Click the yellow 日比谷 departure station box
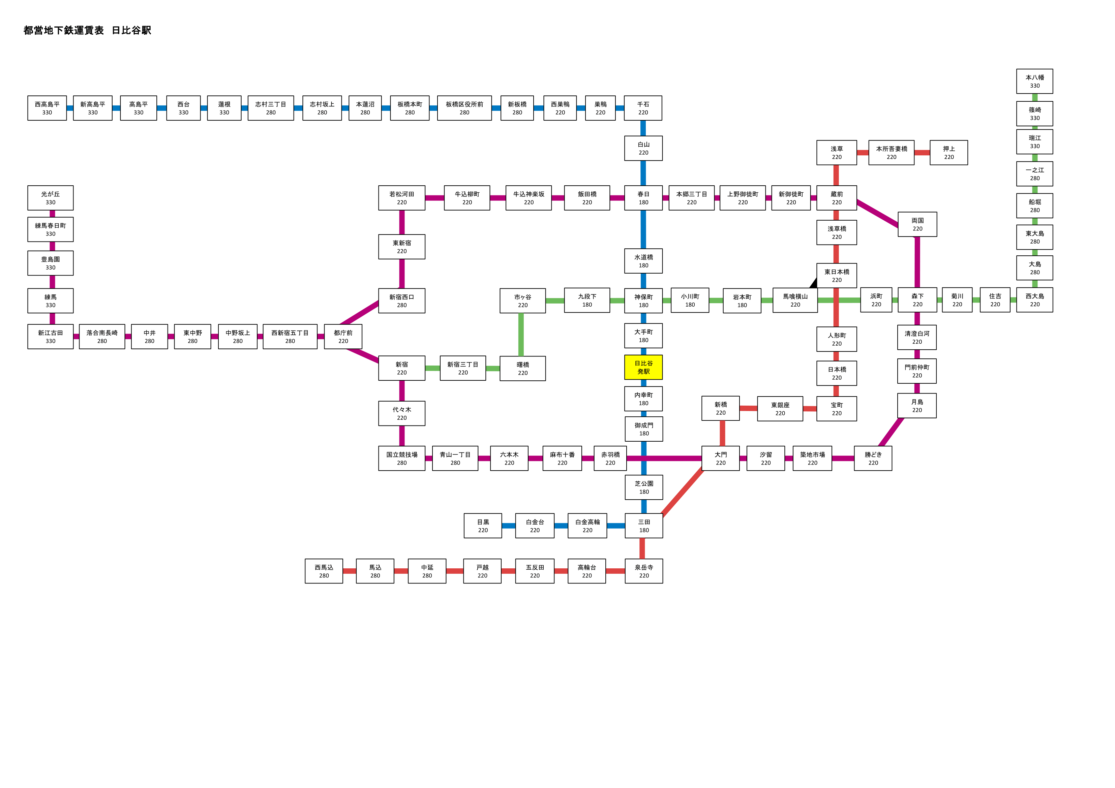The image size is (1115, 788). click(643, 367)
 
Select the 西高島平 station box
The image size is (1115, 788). click(47, 108)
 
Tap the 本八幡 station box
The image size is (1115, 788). click(1034, 81)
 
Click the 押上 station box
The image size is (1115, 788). click(948, 153)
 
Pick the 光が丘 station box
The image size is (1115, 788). click(51, 198)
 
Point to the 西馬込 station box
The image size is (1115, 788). click(324, 571)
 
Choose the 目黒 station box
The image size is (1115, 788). click(483, 526)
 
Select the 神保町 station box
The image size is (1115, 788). click(643, 301)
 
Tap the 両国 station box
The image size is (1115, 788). click(917, 224)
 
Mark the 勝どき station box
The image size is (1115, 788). click(873, 458)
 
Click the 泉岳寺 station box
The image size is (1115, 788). click(643, 571)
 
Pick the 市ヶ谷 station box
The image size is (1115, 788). click(522, 301)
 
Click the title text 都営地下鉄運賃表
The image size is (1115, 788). click(64, 30)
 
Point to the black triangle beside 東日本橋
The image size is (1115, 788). click(813, 283)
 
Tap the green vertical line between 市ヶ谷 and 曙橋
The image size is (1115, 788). click(521, 335)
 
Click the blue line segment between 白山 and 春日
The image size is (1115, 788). click(643, 173)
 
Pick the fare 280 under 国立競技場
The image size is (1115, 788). click(402, 463)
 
